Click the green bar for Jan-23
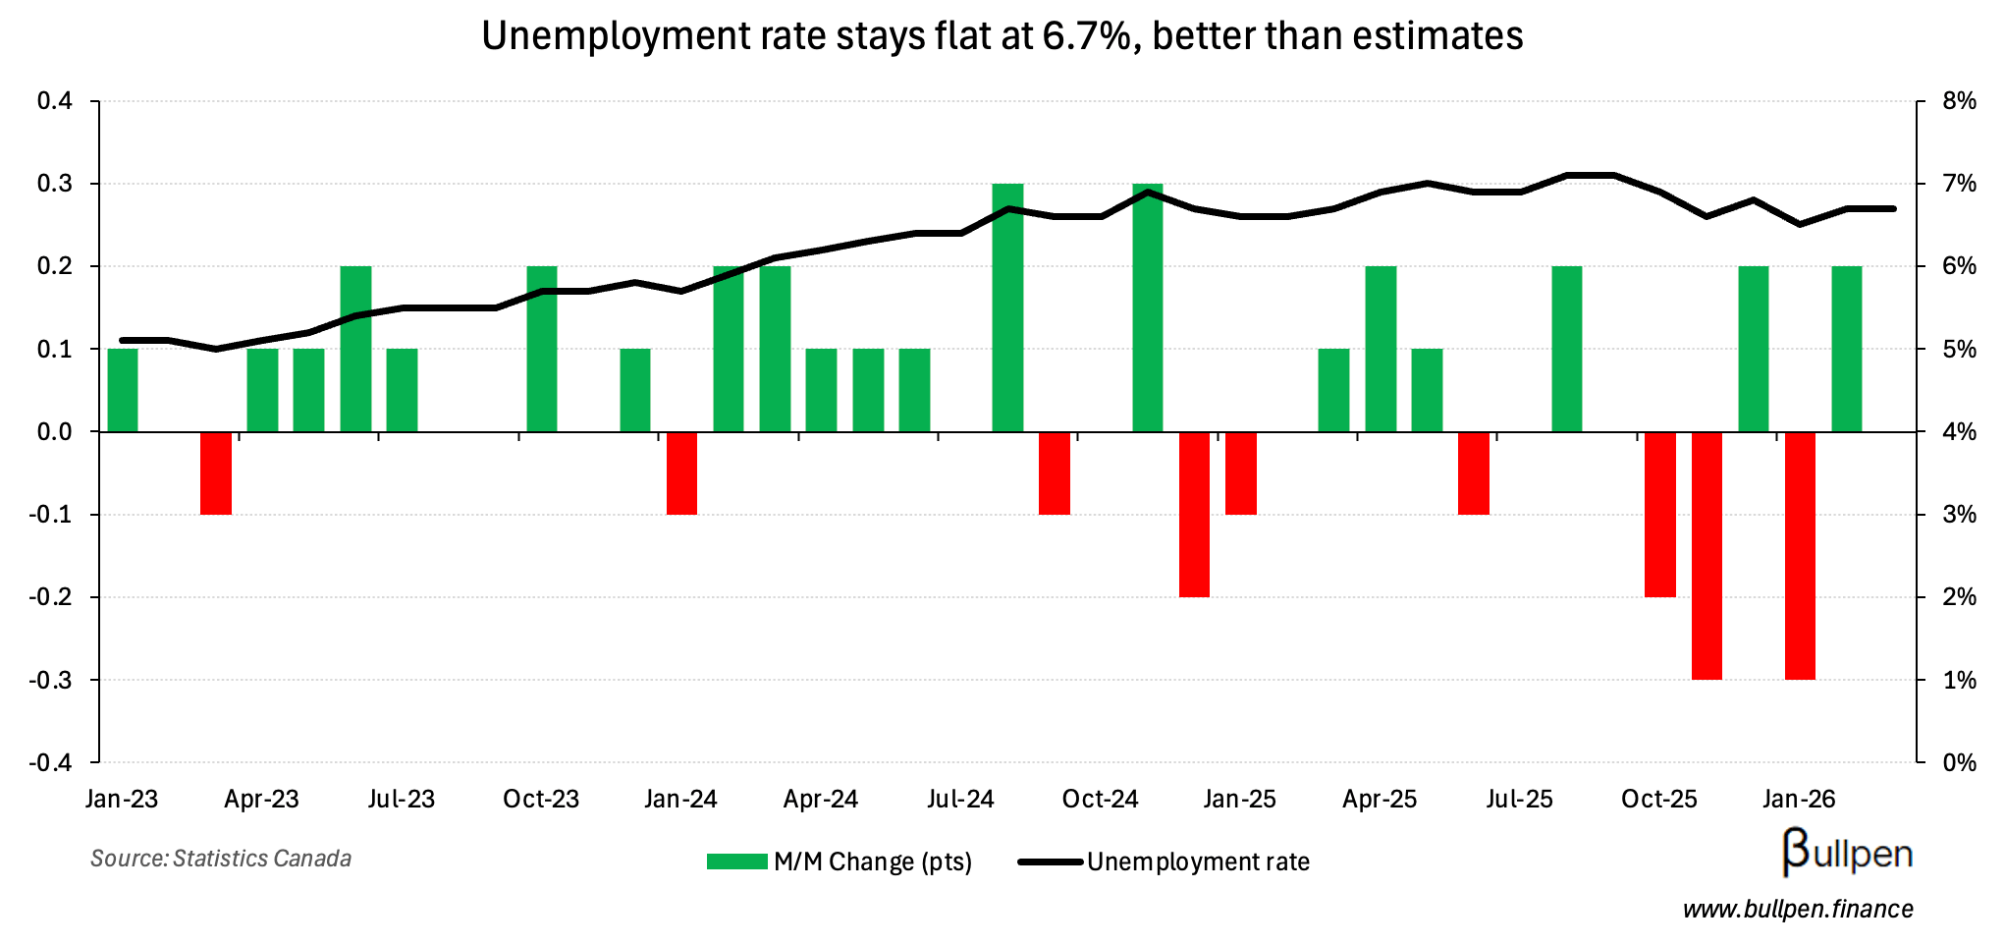tap(122, 390)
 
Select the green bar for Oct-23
tap(541, 349)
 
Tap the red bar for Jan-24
tap(681, 472)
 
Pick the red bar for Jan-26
tap(1800, 555)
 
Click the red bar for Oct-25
tap(1660, 514)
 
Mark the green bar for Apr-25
tap(1381, 349)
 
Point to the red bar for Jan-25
tap(1240, 472)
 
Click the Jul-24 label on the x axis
tap(960, 800)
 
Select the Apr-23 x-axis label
tap(261, 800)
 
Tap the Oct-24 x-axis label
tap(1100, 800)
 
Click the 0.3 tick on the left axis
tap(54, 185)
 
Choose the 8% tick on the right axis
tap(1959, 101)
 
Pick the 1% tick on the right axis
tap(1959, 680)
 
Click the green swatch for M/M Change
tap(736, 862)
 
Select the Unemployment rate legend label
tap(1198, 862)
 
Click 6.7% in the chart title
tap(1085, 36)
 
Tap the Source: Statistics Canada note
tap(221, 859)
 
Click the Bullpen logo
tap(1847, 853)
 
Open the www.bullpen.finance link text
tap(1798, 910)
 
